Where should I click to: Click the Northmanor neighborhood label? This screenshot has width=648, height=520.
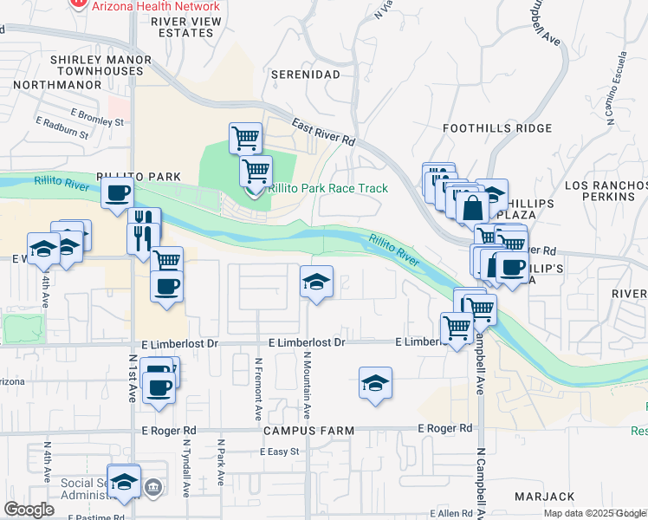[53, 84]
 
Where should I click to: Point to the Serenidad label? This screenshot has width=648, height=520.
[305, 75]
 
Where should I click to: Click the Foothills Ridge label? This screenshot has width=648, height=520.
[496, 128]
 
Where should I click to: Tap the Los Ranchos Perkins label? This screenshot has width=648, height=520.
[605, 192]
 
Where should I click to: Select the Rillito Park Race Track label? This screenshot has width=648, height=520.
[327, 188]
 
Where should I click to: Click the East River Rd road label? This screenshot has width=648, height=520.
[324, 132]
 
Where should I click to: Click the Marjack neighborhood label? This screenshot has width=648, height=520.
[544, 497]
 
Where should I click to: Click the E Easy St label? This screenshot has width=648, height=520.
[278, 452]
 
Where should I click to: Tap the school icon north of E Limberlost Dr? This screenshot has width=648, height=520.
[316, 281]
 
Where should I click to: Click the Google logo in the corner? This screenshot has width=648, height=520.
[29, 510]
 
